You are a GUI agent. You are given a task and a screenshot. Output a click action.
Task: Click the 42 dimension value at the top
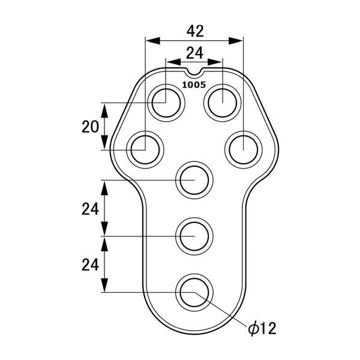pos(195,31)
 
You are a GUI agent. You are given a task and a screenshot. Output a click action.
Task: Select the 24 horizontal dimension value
pos(194,53)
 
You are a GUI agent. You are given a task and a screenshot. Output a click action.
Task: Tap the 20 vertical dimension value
pos(90,127)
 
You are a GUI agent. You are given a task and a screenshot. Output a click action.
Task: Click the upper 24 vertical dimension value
pos(90,209)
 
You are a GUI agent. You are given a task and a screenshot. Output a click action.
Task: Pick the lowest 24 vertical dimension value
pos(90,265)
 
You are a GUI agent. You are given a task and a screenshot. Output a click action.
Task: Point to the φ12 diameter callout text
pos(262,329)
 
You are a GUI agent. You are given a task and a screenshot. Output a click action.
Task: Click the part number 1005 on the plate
pos(194,85)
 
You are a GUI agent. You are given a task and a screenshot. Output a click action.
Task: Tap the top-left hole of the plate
pos(166,103)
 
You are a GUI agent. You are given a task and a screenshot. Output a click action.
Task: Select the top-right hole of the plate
pos(223,103)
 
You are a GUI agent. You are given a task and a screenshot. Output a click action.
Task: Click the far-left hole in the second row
pos(145,149)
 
